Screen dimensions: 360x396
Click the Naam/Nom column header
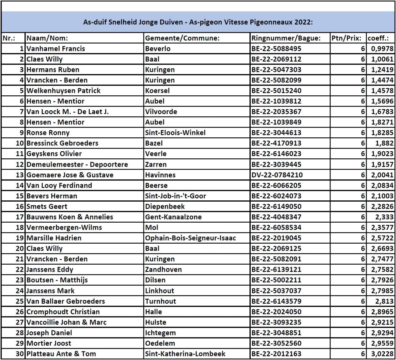47,38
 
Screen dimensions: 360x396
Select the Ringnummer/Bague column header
286,38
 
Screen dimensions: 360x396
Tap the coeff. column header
378,38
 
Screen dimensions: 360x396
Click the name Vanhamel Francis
56,49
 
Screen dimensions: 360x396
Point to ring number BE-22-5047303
276,70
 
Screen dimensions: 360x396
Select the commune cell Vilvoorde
161,112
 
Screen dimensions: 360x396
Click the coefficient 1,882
384,143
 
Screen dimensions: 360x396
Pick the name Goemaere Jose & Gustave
70,175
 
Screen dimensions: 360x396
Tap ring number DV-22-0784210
277,175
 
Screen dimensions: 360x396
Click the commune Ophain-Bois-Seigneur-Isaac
190,238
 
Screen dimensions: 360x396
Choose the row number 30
20,354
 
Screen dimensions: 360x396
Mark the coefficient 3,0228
382,354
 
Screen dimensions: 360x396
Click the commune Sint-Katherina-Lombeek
185,354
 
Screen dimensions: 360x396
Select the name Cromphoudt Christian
63,312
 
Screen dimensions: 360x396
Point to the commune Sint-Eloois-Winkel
175,133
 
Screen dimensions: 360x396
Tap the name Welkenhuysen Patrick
63,91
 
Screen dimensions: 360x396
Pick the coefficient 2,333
384,217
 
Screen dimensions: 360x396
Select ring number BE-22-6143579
276,301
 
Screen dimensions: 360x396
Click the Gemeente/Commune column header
182,38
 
